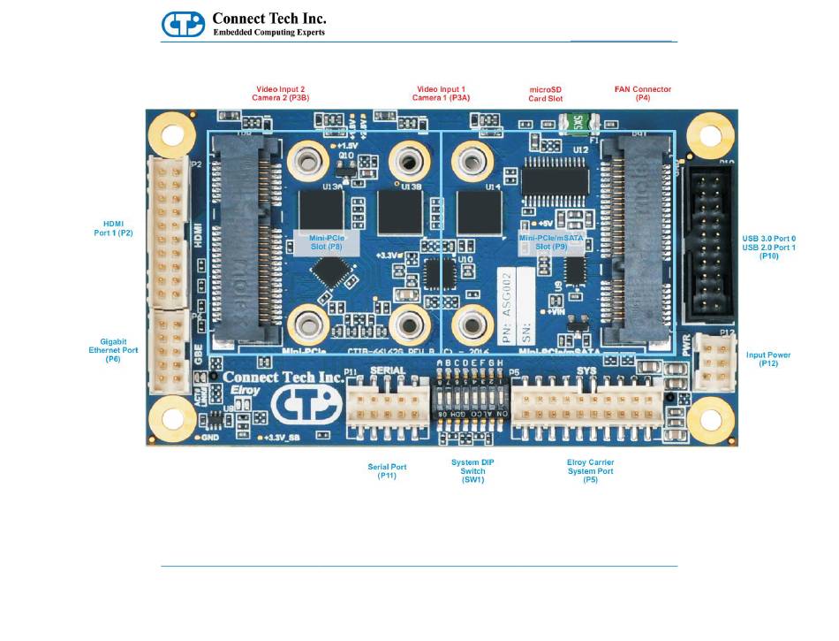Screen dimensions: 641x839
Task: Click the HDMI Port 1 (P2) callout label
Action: coord(116,227)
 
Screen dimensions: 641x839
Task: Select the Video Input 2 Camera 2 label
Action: coord(282,94)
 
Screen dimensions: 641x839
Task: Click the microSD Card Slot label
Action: coord(545,94)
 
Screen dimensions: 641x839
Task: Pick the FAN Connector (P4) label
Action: coord(642,94)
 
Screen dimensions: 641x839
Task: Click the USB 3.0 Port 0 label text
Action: coord(769,240)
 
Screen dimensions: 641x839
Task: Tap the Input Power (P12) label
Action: coord(767,359)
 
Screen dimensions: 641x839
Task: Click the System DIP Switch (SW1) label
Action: coord(473,470)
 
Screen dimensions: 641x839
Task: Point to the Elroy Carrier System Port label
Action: coord(590,470)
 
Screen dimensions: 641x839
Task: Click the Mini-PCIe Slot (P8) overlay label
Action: coord(326,242)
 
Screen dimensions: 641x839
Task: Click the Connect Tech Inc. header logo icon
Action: coord(184,24)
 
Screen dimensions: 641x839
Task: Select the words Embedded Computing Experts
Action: coord(269,33)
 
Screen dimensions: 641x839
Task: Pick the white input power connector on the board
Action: coord(710,361)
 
